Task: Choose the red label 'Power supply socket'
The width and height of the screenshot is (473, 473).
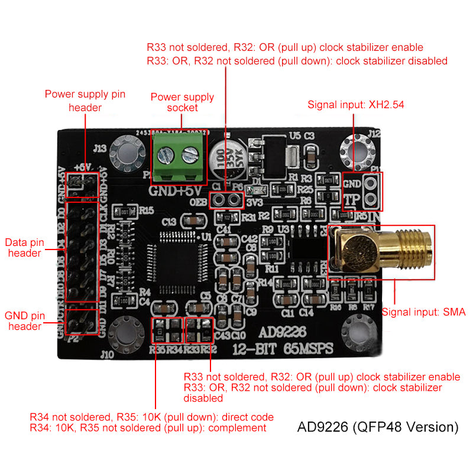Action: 182,102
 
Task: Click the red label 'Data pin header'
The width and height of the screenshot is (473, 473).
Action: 24,247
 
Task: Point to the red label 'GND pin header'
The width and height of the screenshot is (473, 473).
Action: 24,321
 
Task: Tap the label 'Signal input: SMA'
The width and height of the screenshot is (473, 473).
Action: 424,312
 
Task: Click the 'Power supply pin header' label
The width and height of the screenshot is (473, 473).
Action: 85,101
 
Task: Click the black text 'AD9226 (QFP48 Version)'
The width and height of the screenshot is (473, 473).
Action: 378,426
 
